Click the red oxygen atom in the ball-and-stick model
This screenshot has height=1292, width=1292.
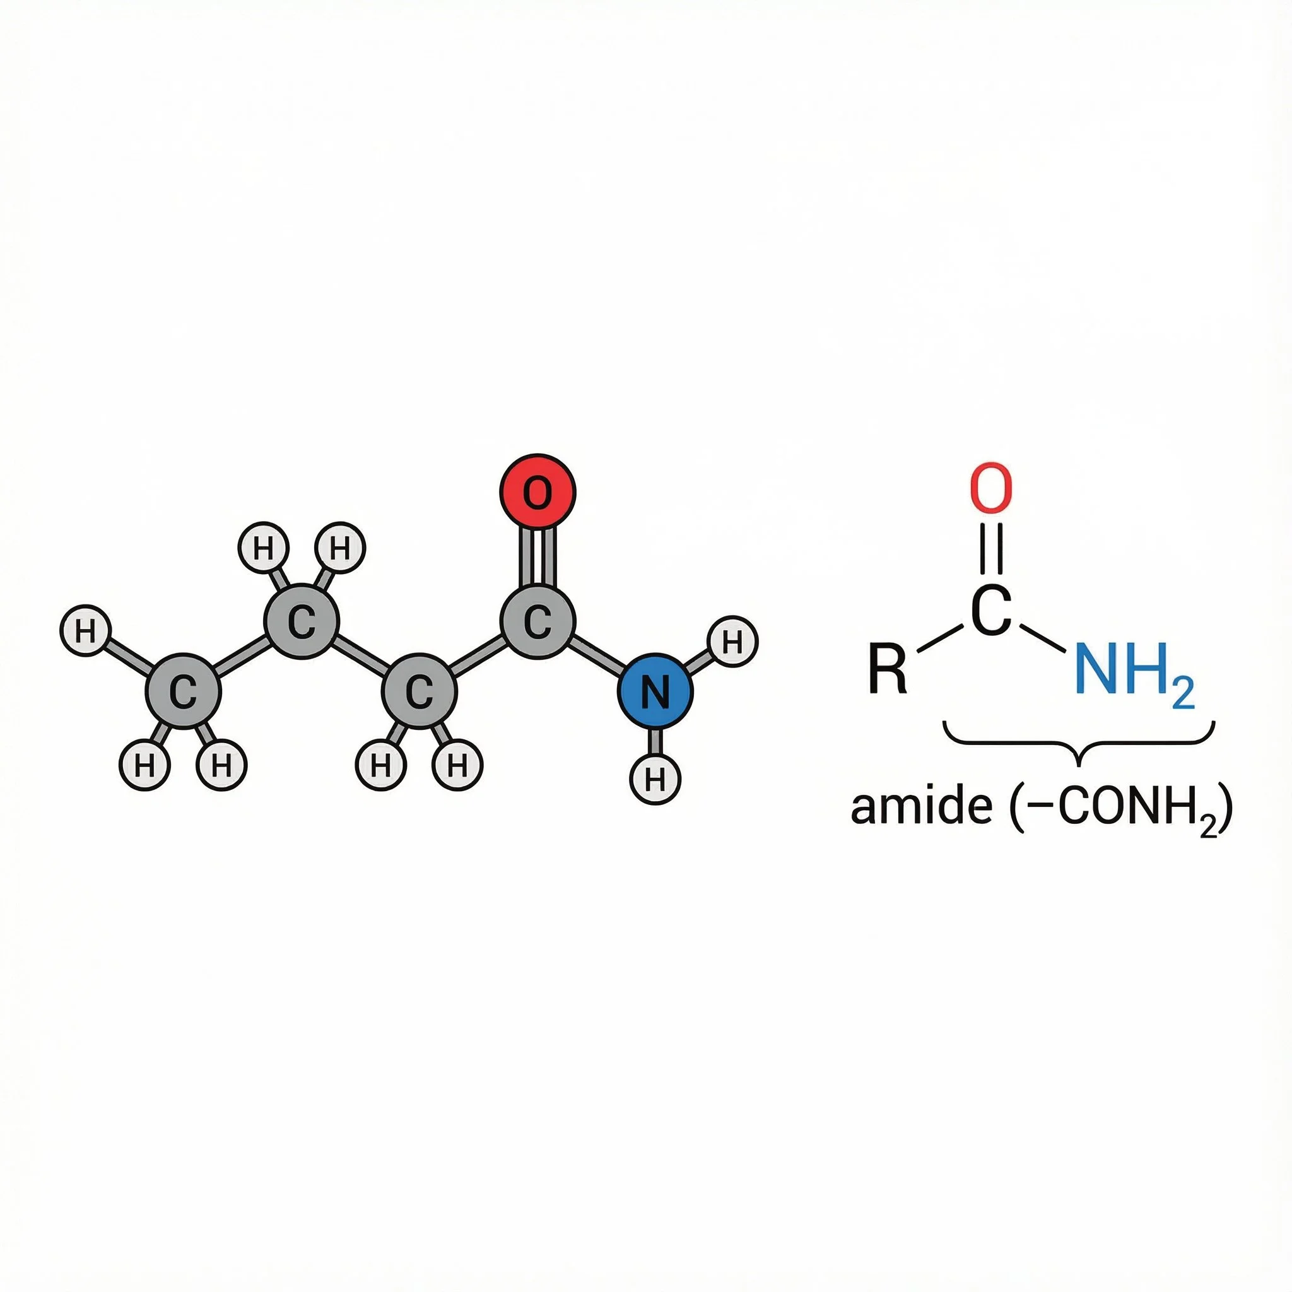537,491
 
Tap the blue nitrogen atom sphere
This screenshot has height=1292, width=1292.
654,691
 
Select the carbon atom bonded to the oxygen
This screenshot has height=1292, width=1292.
537,622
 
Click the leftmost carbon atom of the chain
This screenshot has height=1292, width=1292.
182,691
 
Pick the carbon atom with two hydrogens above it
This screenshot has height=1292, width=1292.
301,622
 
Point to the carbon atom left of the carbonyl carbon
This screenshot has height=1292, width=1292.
420,691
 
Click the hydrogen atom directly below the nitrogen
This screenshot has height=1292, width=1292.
655,778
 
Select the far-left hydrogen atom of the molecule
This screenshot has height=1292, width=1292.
86,631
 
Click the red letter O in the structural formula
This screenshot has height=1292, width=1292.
991,489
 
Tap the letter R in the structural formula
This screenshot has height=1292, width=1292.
888,668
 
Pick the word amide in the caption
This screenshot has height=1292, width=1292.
922,807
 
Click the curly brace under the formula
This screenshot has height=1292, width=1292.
1078,742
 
